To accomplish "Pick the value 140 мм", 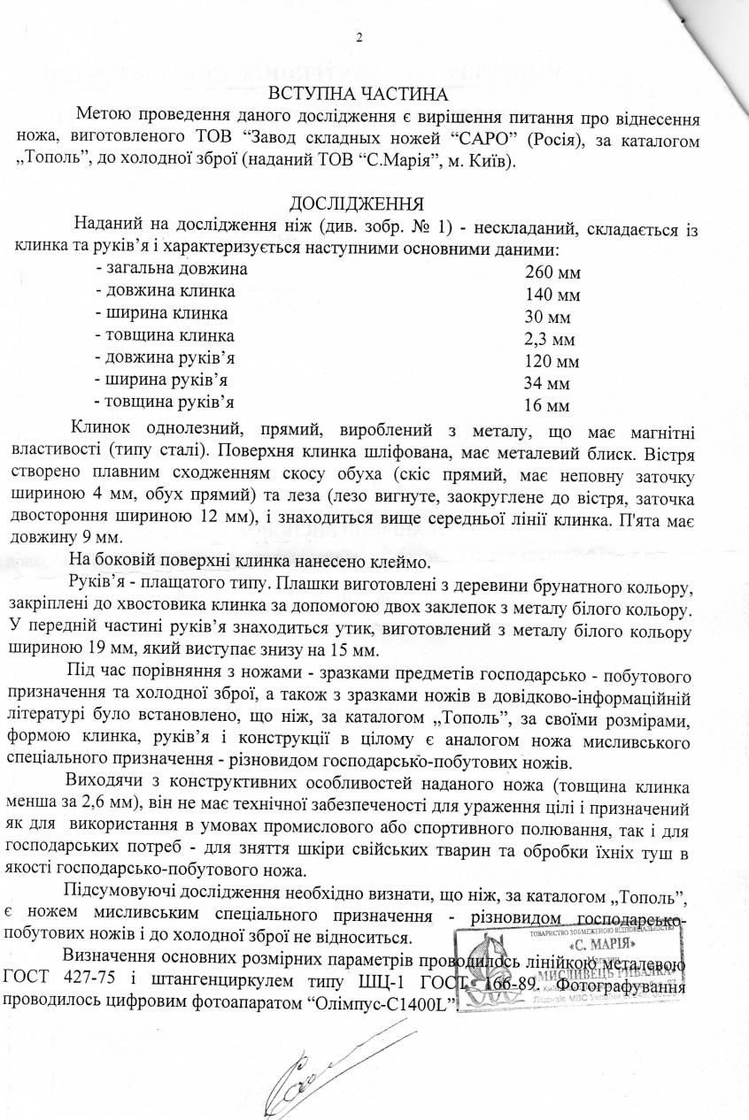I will pyautogui.click(x=552, y=295).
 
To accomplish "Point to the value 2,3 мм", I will pyautogui.click(x=550, y=340).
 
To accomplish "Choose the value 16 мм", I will pyautogui.click(x=547, y=407).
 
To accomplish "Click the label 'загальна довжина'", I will pyautogui.click(x=172, y=268).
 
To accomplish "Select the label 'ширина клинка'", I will pyautogui.click(x=162, y=313).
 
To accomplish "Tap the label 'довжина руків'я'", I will pyautogui.click(x=167, y=357).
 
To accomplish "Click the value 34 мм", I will pyautogui.click(x=547, y=384).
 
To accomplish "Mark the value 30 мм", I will pyautogui.click(x=547, y=317).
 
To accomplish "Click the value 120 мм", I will pyautogui.click(x=552, y=362).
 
